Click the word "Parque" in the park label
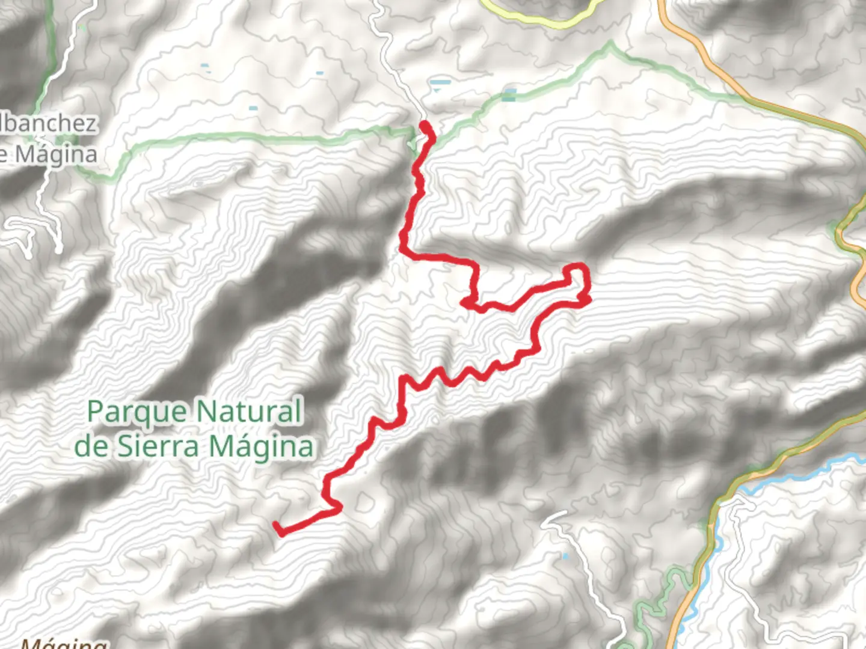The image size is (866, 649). pyautogui.click(x=137, y=413)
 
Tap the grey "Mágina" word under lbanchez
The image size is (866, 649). pyautogui.click(x=55, y=154)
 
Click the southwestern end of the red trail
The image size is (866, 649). pyautogui.click(x=277, y=527)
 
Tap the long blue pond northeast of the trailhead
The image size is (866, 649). pyautogui.click(x=440, y=82)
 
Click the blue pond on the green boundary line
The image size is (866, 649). pyautogui.click(x=509, y=94)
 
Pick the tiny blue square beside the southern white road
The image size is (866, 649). pyautogui.click(x=565, y=557)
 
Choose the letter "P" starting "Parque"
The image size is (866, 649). pyautogui.click(x=96, y=413)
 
